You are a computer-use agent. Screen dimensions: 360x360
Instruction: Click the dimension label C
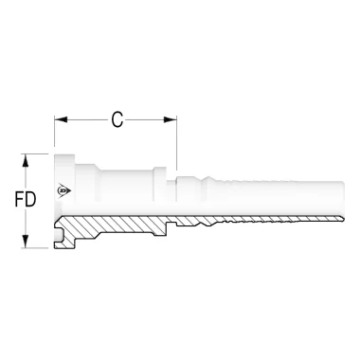point(117,119)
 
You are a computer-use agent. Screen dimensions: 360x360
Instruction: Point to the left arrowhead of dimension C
point(60,119)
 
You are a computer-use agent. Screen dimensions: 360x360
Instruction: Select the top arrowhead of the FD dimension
point(39,158)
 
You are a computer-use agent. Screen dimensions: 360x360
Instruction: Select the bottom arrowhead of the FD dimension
point(39,243)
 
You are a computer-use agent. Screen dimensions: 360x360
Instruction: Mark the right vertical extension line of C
point(177,142)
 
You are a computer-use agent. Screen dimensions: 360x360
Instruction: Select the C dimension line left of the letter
point(85,119)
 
